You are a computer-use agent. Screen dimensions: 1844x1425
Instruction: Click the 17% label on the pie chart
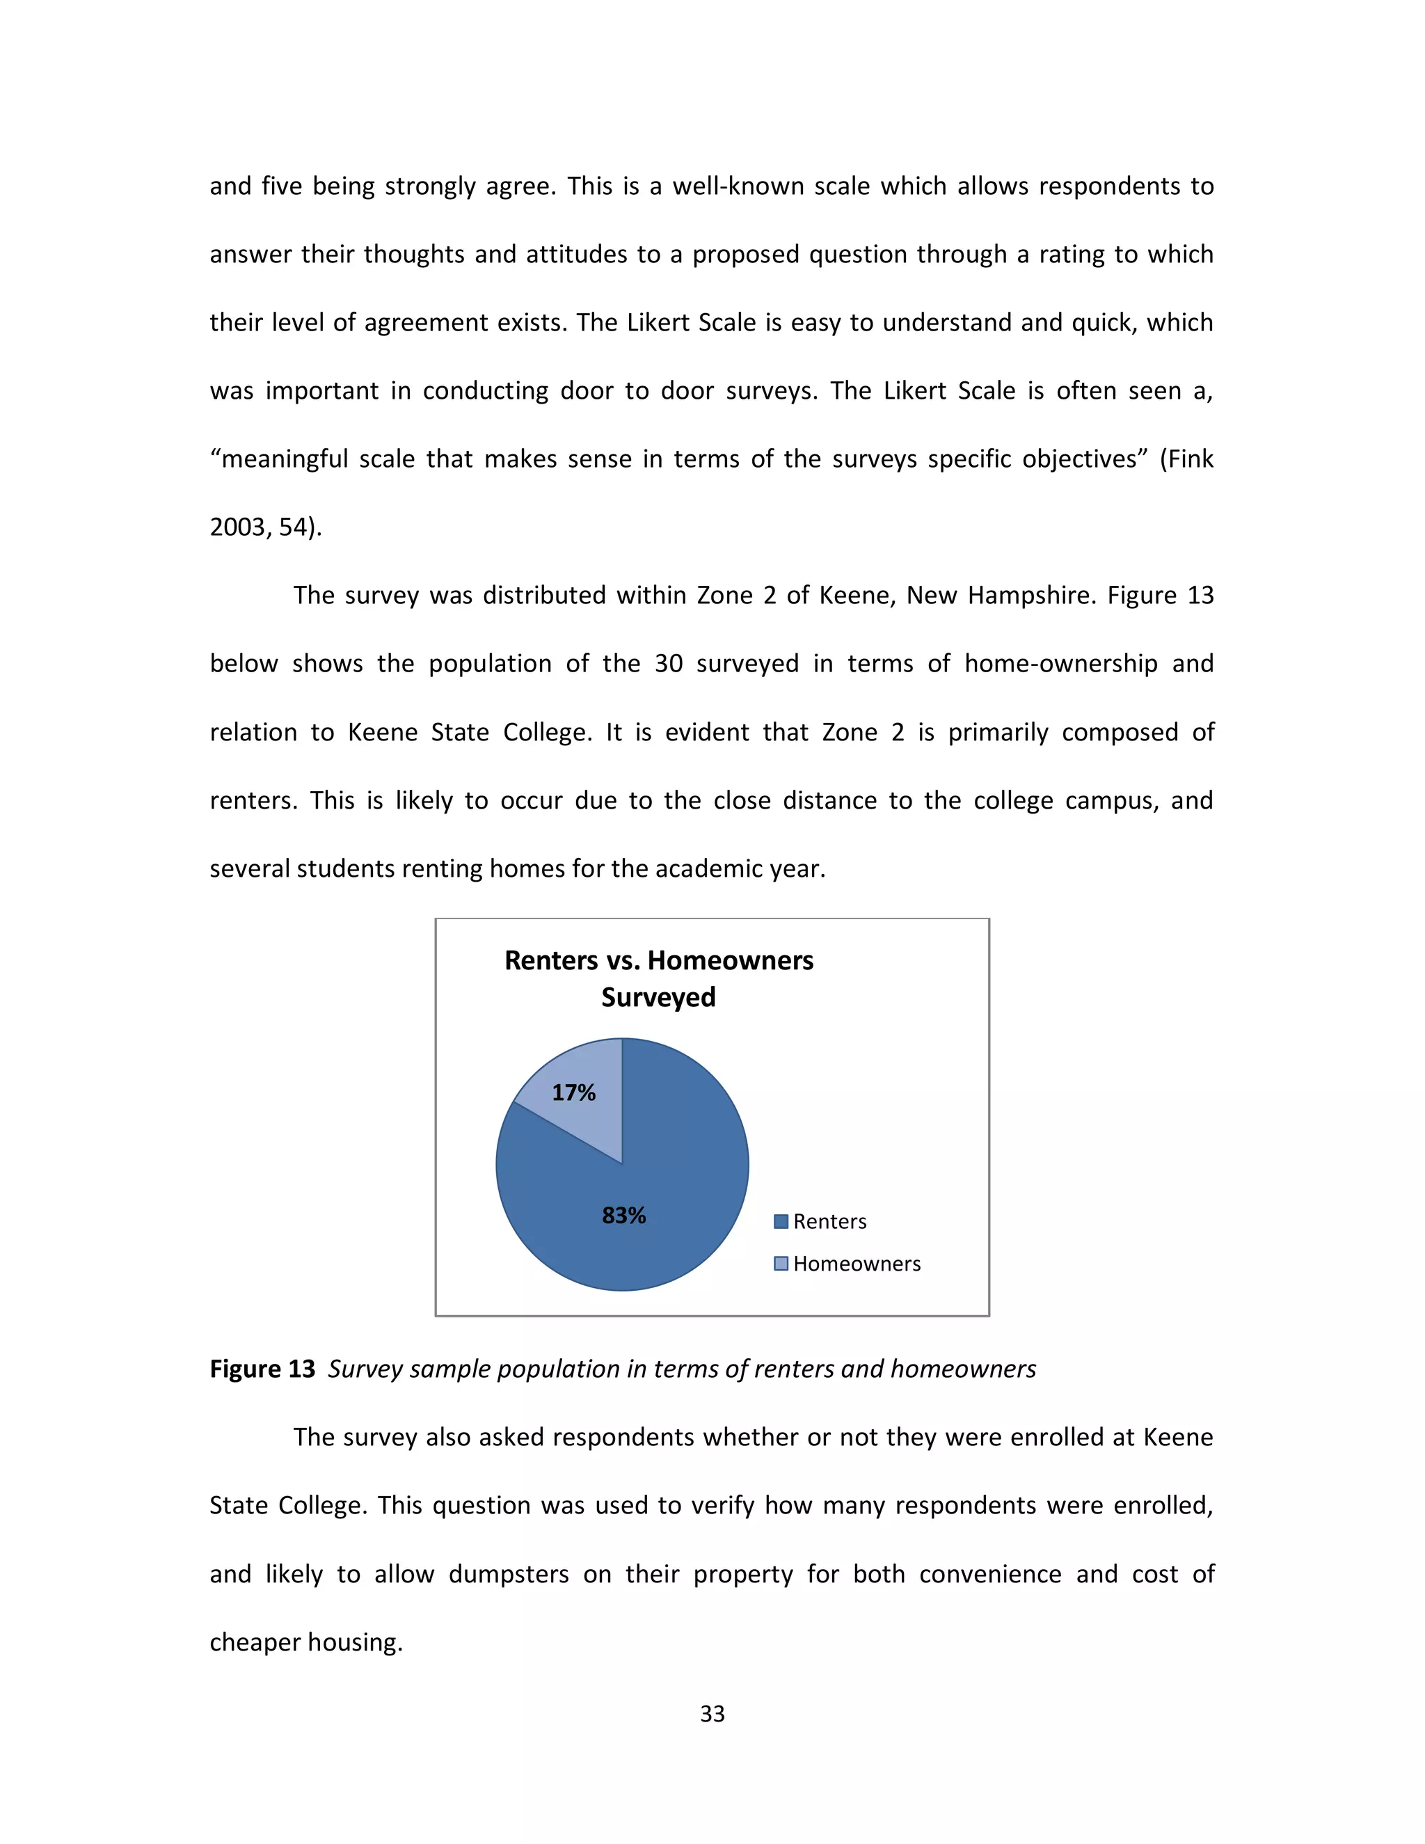573,1092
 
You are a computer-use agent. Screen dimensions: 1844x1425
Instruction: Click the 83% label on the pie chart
624,1215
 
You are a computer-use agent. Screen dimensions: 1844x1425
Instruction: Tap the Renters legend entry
829,1222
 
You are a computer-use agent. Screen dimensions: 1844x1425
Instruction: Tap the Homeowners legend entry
856,1264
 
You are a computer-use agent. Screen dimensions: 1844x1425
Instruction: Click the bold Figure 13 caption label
262,1369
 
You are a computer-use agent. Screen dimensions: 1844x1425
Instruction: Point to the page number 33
712,1713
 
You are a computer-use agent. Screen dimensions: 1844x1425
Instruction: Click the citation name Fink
1191,459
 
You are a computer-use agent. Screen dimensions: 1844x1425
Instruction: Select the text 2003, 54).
265,527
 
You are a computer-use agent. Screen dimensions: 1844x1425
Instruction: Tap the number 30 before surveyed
669,664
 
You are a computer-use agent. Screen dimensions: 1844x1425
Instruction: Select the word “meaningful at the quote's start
278,459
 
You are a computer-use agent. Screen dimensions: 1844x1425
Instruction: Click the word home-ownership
1061,664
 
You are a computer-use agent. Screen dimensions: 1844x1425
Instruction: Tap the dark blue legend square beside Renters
781,1222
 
